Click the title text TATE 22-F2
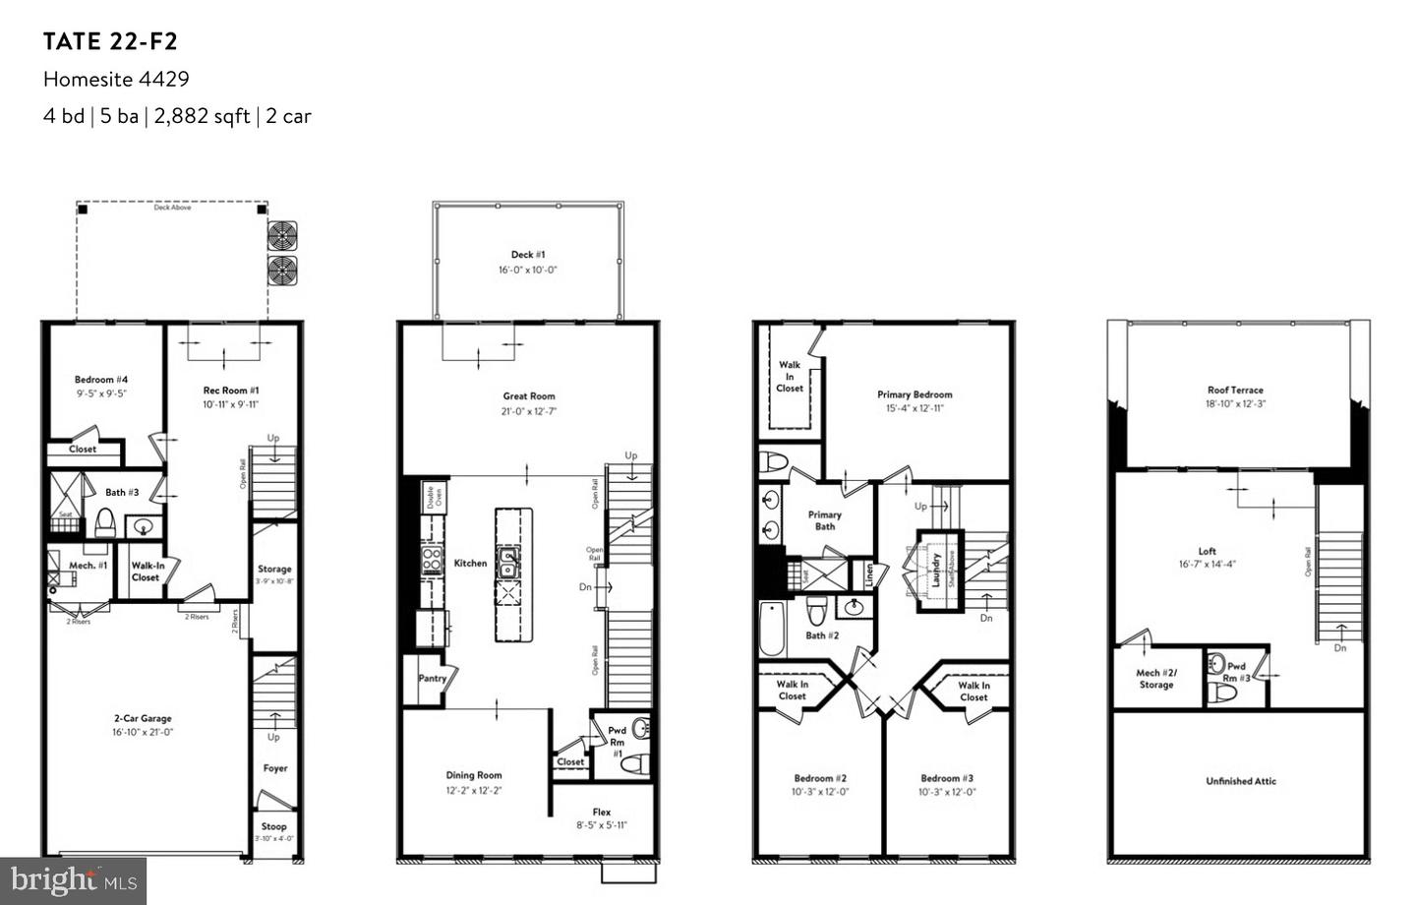point(110,41)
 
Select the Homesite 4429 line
point(116,79)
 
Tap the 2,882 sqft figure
point(202,116)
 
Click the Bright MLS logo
point(73,880)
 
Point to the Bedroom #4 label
point(101,380)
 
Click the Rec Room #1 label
point(231,391)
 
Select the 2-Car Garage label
point(143,718)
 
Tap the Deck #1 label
point(528,255)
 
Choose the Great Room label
point(529,396)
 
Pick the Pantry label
point(433,678)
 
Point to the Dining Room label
point(474,775)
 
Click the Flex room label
point(602,812)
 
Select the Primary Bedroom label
point(914,394)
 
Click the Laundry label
point(937,571)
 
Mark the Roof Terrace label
point(1235,390)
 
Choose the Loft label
point(1207,551)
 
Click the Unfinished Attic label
point(1241,781)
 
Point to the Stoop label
point(274,826)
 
